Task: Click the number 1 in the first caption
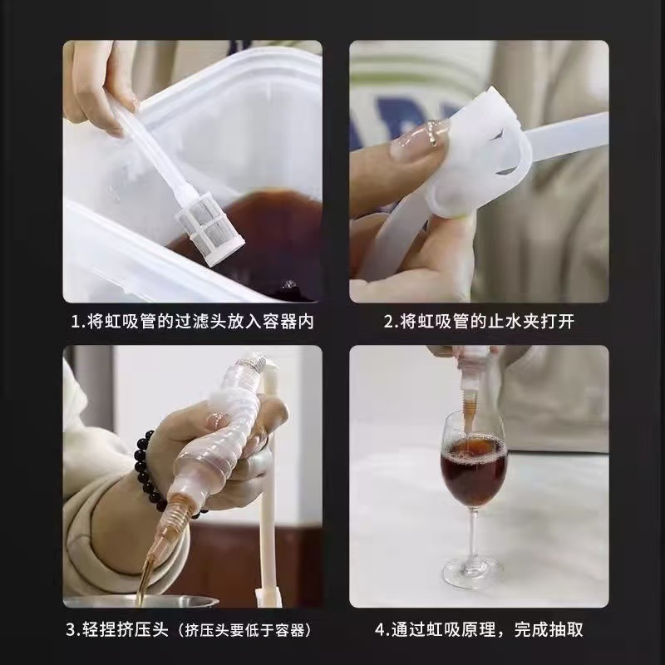75,321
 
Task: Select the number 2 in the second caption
388,321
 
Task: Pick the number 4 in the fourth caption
381,629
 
